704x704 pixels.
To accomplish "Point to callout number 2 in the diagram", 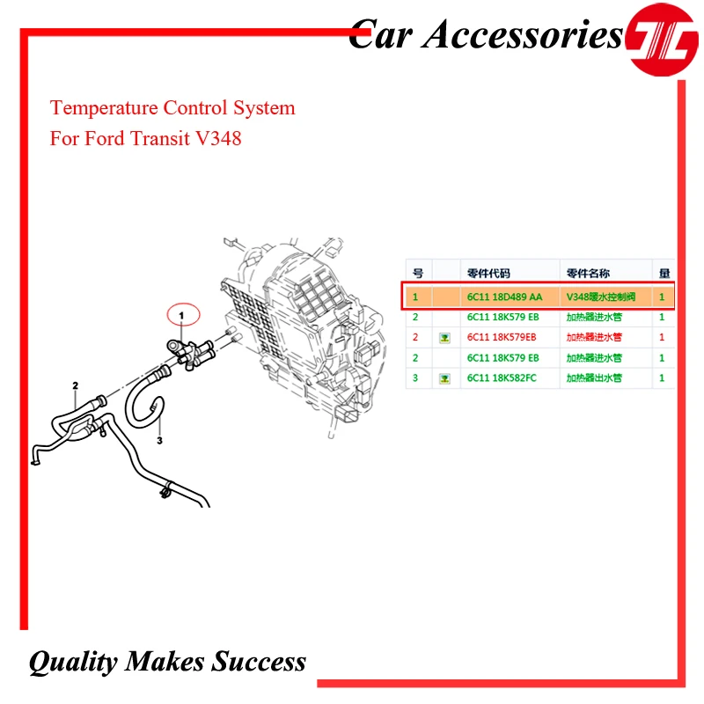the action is [76, 385].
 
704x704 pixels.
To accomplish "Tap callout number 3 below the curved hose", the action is [160, 440].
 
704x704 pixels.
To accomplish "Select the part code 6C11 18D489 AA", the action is [504, 297].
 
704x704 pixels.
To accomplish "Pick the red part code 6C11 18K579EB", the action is [502, 337].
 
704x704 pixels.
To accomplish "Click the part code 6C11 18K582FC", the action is [502, 378].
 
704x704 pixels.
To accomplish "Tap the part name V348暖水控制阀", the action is [601, 297].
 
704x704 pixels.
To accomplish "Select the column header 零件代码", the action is [488, 273].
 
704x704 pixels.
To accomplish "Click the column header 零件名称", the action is [589, 273].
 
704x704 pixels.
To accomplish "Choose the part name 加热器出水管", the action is [594, 378].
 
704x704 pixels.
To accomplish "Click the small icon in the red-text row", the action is [444, 337].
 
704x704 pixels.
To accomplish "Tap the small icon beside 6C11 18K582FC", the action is [444, 378].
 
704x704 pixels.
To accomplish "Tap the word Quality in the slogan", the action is [73, 662].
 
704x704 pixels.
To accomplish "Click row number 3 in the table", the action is [415, 378].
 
